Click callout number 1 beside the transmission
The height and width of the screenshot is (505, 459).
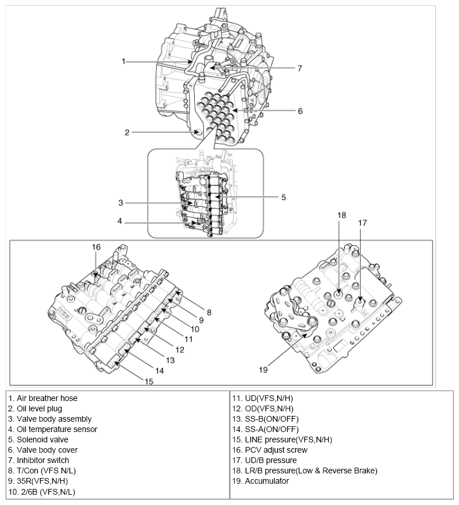tap(124, 61)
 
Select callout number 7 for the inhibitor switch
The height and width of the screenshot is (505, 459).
tap(299, 68)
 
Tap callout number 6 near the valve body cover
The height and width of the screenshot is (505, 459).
tap(300, 111)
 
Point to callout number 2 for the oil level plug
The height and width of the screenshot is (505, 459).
tap(127, 132)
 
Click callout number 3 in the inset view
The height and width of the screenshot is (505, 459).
tap(121, 202)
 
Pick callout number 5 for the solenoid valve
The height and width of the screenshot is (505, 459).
tap(283, 197)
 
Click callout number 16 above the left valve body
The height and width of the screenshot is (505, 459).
tap(96, 247)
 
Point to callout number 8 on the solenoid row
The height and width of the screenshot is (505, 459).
tap(209, 312)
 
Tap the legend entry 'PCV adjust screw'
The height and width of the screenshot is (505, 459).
tap(269, 450)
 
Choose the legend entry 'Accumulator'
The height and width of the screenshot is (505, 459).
tap(260, 481)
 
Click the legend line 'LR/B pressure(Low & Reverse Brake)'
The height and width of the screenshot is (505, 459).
tap(304, 471)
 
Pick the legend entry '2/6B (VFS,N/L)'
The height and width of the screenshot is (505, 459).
tap(42, 491)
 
